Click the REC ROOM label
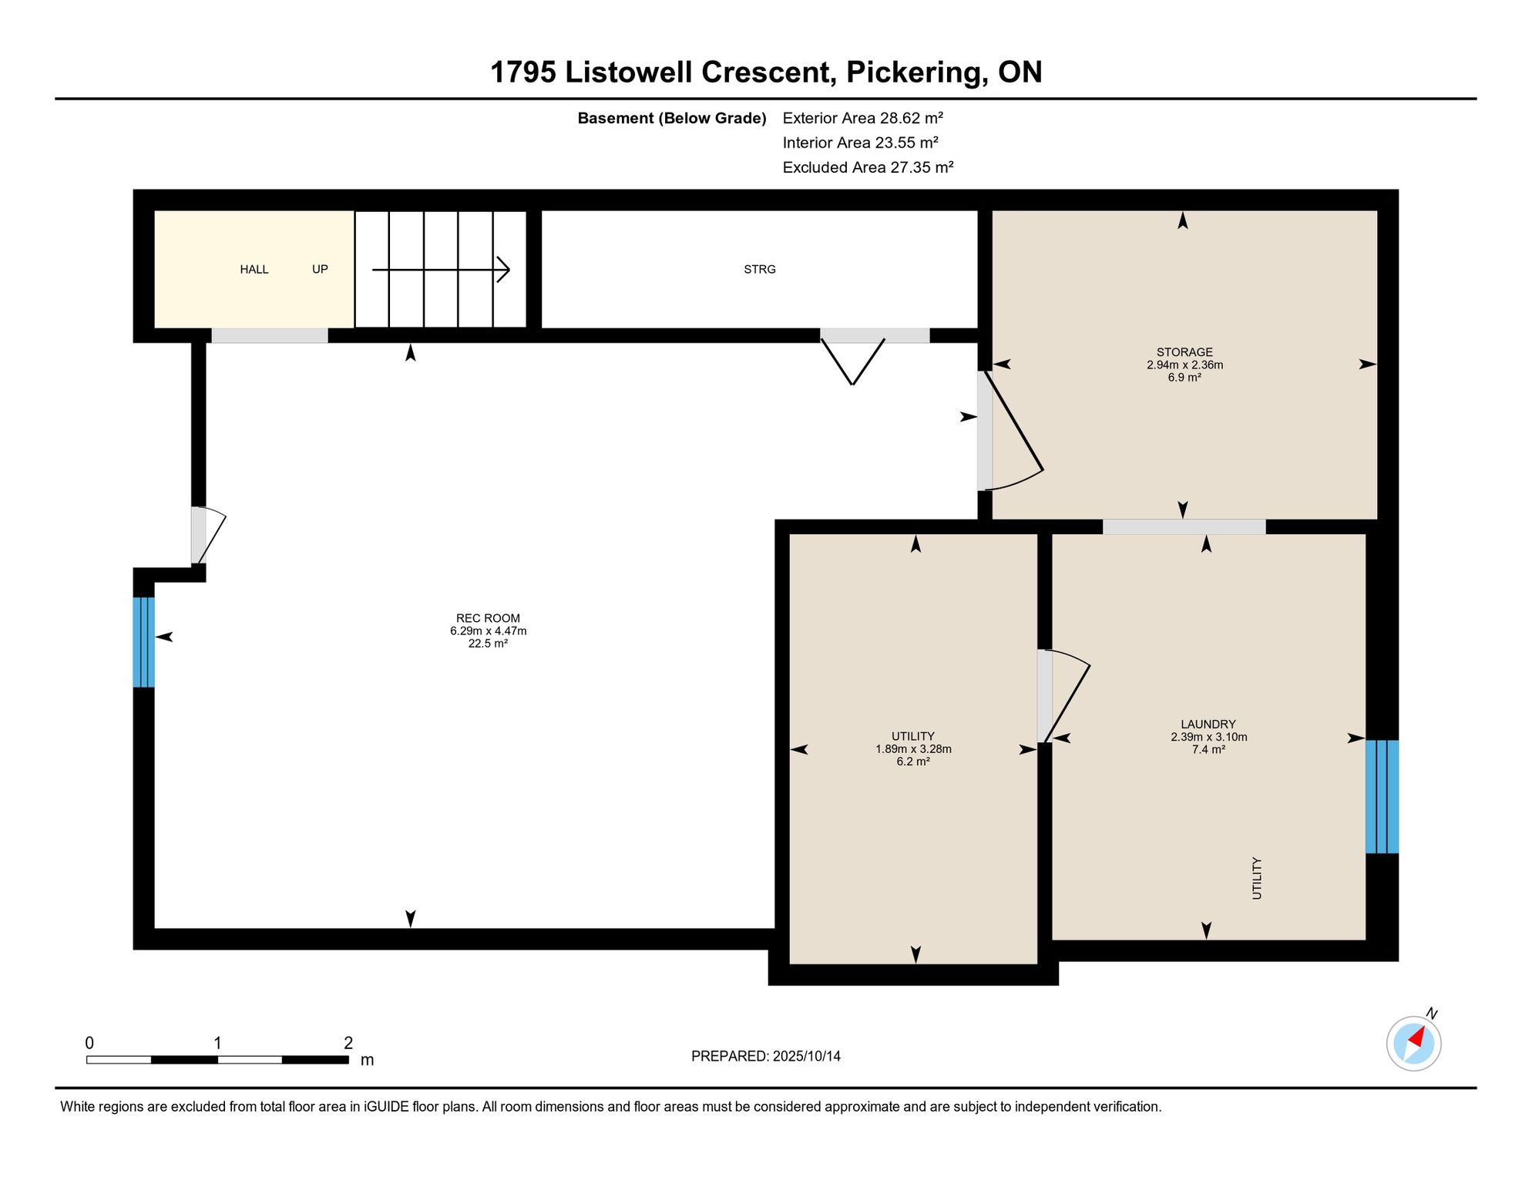(488, 618)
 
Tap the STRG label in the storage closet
(760, 269)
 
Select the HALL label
(254, 269)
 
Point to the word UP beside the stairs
(320, 269)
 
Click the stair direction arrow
(441, 270)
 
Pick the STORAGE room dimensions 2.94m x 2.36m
(1184, 365)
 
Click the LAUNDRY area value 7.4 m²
(1208, 749)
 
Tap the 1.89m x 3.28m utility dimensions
(913, 748)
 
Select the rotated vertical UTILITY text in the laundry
(1257, 878)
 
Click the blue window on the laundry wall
(1382, 796)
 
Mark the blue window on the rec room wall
(144, 642)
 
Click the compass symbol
(1414, 1043)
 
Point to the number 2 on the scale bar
(348, 1043)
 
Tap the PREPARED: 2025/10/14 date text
(766, 1056)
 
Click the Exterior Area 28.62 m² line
(863, 118)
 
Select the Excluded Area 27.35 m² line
(868, 167)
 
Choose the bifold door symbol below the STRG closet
(852, 361)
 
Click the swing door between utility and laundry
(1063, 696)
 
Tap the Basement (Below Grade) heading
(672, 118)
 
